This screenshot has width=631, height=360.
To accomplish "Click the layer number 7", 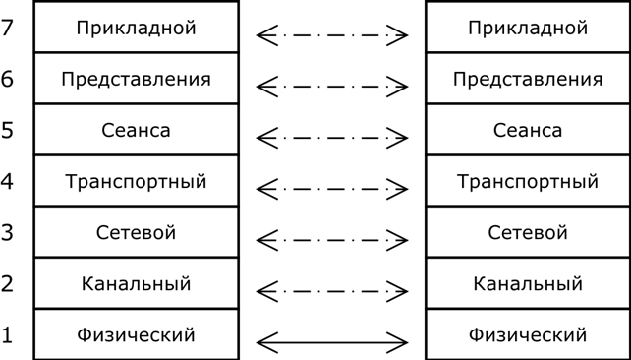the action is pyautogui.click(x=7, y=28).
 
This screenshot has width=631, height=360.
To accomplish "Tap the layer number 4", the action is pyautogui.click(x=7, y=181).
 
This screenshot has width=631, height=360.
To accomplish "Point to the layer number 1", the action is pyautogui.click(x=7, y=335).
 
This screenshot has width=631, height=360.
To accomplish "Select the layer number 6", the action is pyautogui.click(x=7, y=79).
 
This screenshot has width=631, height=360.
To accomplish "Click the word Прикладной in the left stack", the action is pyautogui.click(x=136, y=29).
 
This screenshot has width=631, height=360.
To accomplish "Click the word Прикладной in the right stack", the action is pyautogui.click(x=528, y=29).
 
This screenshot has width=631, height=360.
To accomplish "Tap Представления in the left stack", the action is pyautogui.click(x=136, y=80).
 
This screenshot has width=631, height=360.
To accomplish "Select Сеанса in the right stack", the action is pyautogui.click(x=528, y=131).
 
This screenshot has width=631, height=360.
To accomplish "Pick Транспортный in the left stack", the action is pyautogui.click(x=136, y=182).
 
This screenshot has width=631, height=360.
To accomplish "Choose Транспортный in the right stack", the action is pyautogui.click(x=528, y=182).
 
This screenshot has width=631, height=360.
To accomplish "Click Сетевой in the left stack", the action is pyautogui.click(x=136, y=232).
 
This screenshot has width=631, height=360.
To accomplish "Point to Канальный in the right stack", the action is pyautogui.click(x=528, y=283).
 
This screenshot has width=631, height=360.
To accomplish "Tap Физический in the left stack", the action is pyautogui.click(x=136, y=335).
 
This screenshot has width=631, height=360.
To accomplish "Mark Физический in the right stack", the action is pyautogui.click(x=528, y=335).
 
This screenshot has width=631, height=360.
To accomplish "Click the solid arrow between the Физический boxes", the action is pyautogui.click(x=332, y=342).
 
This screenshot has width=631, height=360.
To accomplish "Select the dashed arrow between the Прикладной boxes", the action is pyautogui.click(x=332, y=35).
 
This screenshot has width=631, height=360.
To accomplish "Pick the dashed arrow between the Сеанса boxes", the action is pyautogui.click(x=332, y=138).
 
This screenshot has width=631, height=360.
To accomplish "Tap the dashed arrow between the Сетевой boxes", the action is pyautogui.click(x=332, y=240).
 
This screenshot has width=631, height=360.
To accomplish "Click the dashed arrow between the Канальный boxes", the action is pyautogui.click(x=332, y=291).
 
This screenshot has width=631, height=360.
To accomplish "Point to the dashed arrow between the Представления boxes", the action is pyautogui.click(x=332, y=87).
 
